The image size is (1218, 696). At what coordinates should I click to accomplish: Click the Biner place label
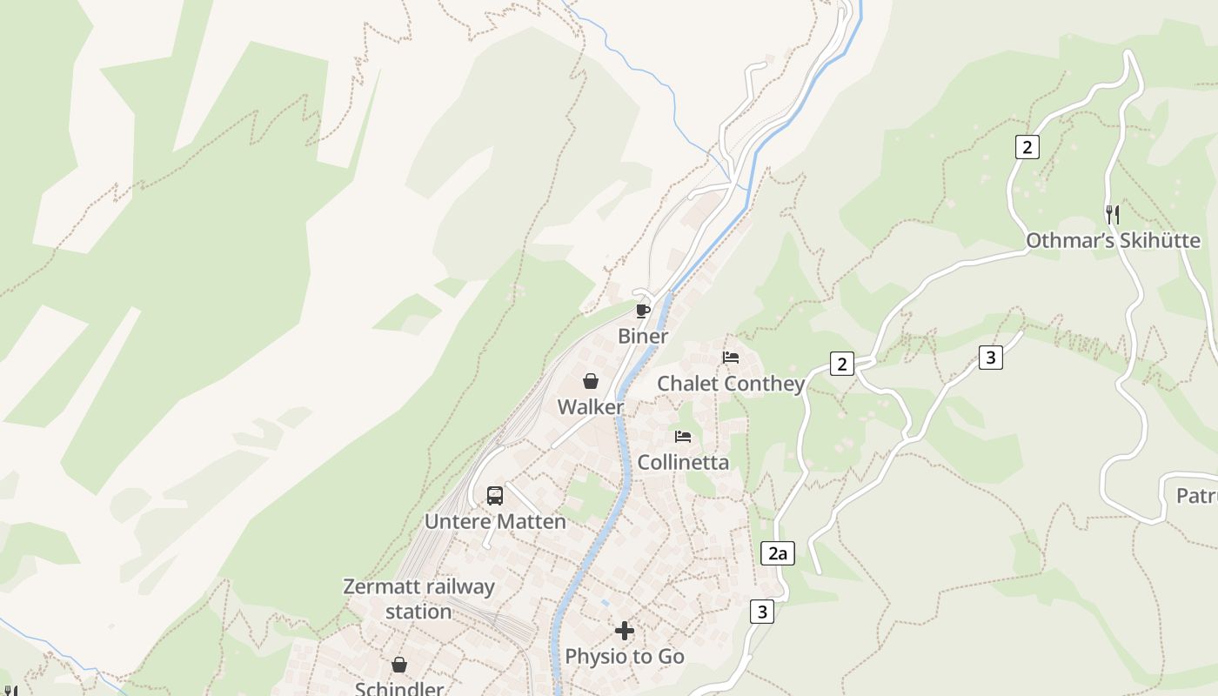click(643, 336)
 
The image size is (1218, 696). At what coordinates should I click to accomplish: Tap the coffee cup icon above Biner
click(643, 311)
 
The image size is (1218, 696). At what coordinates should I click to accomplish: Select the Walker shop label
click(590, 407)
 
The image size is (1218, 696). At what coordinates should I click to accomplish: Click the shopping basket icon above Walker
click(590, 381)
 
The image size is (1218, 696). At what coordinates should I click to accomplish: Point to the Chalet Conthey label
click(730, 384)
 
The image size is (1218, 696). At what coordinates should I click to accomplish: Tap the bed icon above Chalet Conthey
click(731, 358)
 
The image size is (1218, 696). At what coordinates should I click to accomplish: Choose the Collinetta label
click(683, 462)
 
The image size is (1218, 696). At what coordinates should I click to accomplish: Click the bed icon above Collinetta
click(683, 436)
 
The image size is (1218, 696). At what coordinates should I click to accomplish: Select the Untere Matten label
click(495, 521)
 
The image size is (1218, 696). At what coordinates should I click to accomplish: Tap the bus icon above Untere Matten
click(495, 496)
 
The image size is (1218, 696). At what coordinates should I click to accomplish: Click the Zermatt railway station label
click(418, 599)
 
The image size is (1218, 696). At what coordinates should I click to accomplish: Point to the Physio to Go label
click(625, 656)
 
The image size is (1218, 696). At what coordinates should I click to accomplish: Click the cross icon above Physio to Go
click(625, 631)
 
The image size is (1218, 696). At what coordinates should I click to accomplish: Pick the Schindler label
click(399, 688)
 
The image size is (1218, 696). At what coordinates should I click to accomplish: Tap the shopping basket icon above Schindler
click(399, 665)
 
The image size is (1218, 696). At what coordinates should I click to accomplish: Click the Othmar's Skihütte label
click(1113, 241)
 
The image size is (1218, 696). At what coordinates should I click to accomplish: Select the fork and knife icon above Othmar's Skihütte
click(1112, 214)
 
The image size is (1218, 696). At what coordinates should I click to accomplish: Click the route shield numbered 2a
click(778, 553)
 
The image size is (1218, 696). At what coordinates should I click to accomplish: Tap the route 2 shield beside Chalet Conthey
click(841, 364)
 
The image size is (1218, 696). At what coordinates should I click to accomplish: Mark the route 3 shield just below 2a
click(762, 612)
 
